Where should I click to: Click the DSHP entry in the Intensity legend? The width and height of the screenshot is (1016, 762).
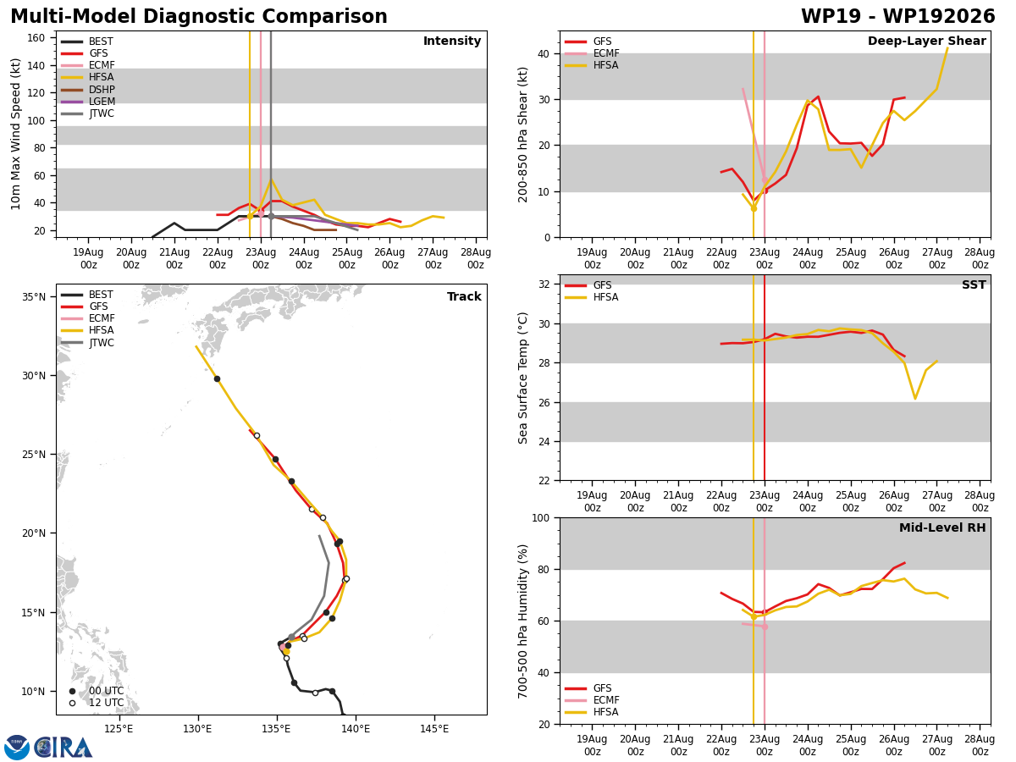(87, 89)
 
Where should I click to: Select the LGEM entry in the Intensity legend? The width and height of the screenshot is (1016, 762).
(87, 102)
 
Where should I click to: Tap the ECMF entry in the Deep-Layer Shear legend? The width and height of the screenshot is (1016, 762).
(592, 53)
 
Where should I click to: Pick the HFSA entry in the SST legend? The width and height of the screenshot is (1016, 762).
(591, 297)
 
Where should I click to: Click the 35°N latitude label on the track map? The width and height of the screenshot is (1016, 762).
(34, 296)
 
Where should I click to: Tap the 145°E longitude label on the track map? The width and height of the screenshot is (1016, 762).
(434, 729)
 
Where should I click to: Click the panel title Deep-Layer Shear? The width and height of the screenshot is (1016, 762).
(926, 41)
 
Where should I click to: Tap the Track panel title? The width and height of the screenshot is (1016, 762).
(464, 296)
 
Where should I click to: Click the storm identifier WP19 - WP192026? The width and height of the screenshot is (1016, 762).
(898, 16)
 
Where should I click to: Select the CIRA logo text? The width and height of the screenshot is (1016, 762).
(63, 748)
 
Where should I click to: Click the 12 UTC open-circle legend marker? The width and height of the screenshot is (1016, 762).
(72, 703)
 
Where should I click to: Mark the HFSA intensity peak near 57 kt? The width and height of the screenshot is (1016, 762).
(271, 179)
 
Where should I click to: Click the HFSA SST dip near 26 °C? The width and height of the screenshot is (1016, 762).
(915, 398)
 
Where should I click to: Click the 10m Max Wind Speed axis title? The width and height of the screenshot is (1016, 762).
(15, 134)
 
